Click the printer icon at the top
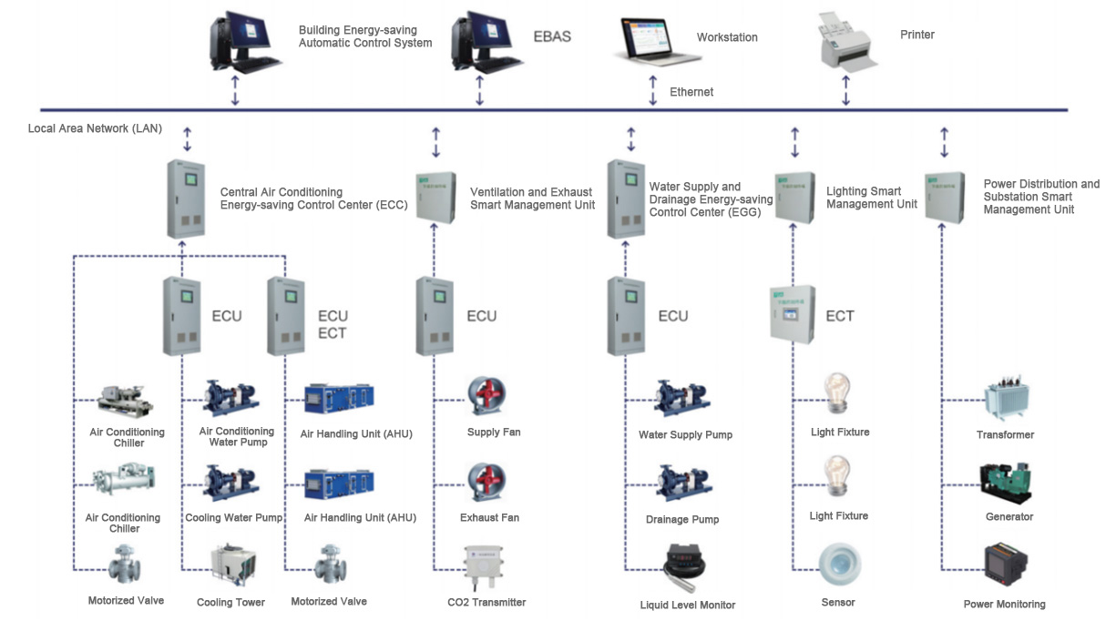point(847,43)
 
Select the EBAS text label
point(552,37)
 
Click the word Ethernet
point(691,92)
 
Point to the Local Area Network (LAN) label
point(95,128)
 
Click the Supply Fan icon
point(486,397)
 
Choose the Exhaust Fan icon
point(486,483)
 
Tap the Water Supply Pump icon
point(681,399)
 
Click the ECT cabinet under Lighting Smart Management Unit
point(792,314)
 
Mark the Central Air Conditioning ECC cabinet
point(184,198)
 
